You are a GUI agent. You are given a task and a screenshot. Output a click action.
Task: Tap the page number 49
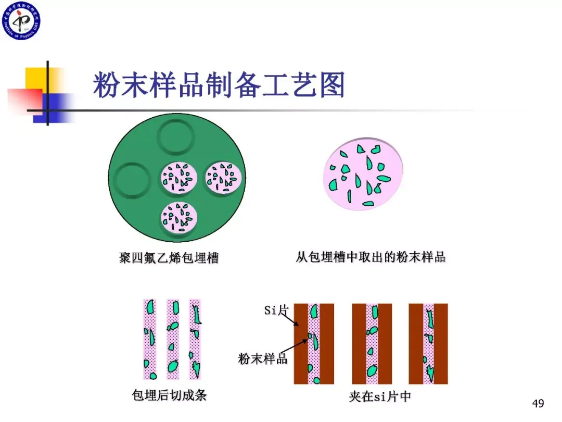(538, 403)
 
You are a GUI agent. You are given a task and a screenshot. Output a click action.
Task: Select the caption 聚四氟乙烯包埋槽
(169, 257)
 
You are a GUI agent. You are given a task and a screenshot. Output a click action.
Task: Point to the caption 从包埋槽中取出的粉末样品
(371, 257)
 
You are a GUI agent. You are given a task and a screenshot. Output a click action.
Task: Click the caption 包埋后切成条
(170, 395)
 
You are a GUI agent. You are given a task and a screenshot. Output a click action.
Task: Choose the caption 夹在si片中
(380, 397)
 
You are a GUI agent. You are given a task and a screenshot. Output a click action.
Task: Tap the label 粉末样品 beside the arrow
(263, 358)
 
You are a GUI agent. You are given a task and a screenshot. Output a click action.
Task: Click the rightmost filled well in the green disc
(224, 177)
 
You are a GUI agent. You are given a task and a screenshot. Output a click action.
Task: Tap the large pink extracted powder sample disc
(364, 174)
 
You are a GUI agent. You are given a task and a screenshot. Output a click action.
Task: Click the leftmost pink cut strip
(150, 339)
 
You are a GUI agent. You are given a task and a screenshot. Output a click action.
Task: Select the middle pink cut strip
(173, 339)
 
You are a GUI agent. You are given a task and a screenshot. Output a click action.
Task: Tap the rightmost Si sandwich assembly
(428, 344)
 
